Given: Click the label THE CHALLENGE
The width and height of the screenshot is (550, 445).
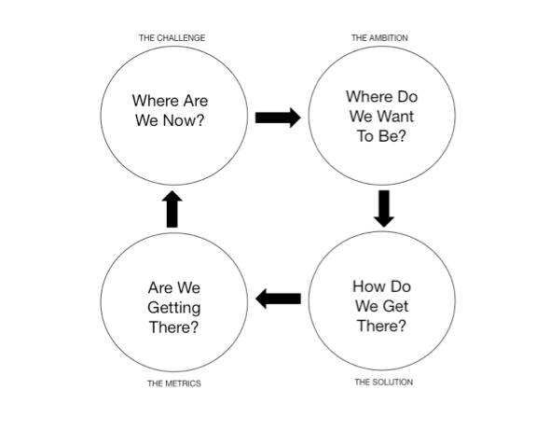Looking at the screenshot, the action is pyautogui.click(x=172, y=38).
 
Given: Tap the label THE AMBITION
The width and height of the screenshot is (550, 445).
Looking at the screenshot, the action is pyautogui.click(x=379, y=38).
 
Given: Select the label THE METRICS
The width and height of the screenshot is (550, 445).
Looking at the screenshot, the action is pyautogui.click(x=174, y=383).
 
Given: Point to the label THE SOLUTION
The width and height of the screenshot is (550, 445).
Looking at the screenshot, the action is pyautogui.click(x=383, y=382).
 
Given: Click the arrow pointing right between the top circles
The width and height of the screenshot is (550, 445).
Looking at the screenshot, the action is pyautogui.click(x=278, y=118).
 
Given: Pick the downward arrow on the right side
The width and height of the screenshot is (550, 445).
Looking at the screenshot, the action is pyautogui.click(x=384, y=208).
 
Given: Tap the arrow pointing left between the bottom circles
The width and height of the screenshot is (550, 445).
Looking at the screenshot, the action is pyautogui.click(x=278, y=299).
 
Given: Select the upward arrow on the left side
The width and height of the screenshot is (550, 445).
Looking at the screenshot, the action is pyautogui.click(x=172, y=209).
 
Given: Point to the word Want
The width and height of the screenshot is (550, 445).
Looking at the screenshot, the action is pyautogui.click(x=396, y=117).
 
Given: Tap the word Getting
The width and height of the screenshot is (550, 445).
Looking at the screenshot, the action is pyautogui.click(x=174, y=308).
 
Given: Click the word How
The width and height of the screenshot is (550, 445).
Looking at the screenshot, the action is pyautogui.click(x=366, y=286).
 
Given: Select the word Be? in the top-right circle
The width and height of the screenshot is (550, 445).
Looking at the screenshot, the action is pyautogui.click(x=392, y=136).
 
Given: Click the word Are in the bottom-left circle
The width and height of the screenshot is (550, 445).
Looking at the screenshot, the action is pyautogui.click(x=160, y=287).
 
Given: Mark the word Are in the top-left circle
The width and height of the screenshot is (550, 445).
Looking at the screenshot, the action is pyautogui.click(x=196, y=101).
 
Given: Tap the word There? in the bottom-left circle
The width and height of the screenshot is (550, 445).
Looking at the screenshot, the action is pyautogui.click(x=173, y=327).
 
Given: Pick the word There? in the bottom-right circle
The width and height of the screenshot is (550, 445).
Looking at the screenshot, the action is pyautogui.click(x=381, y=326).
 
